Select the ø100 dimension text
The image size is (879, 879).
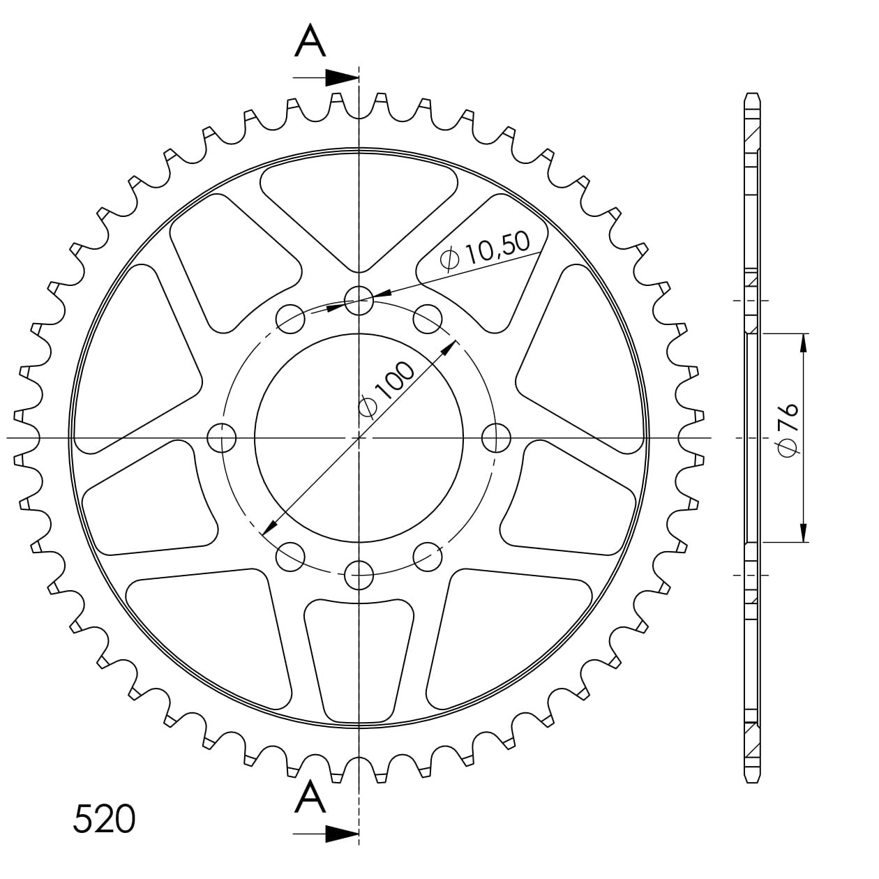[x=386, y=388]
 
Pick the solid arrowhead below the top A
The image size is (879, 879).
[x=342, y=78]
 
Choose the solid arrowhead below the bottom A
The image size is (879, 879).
[x=342, y=834]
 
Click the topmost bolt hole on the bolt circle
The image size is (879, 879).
[x=359, y=301]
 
